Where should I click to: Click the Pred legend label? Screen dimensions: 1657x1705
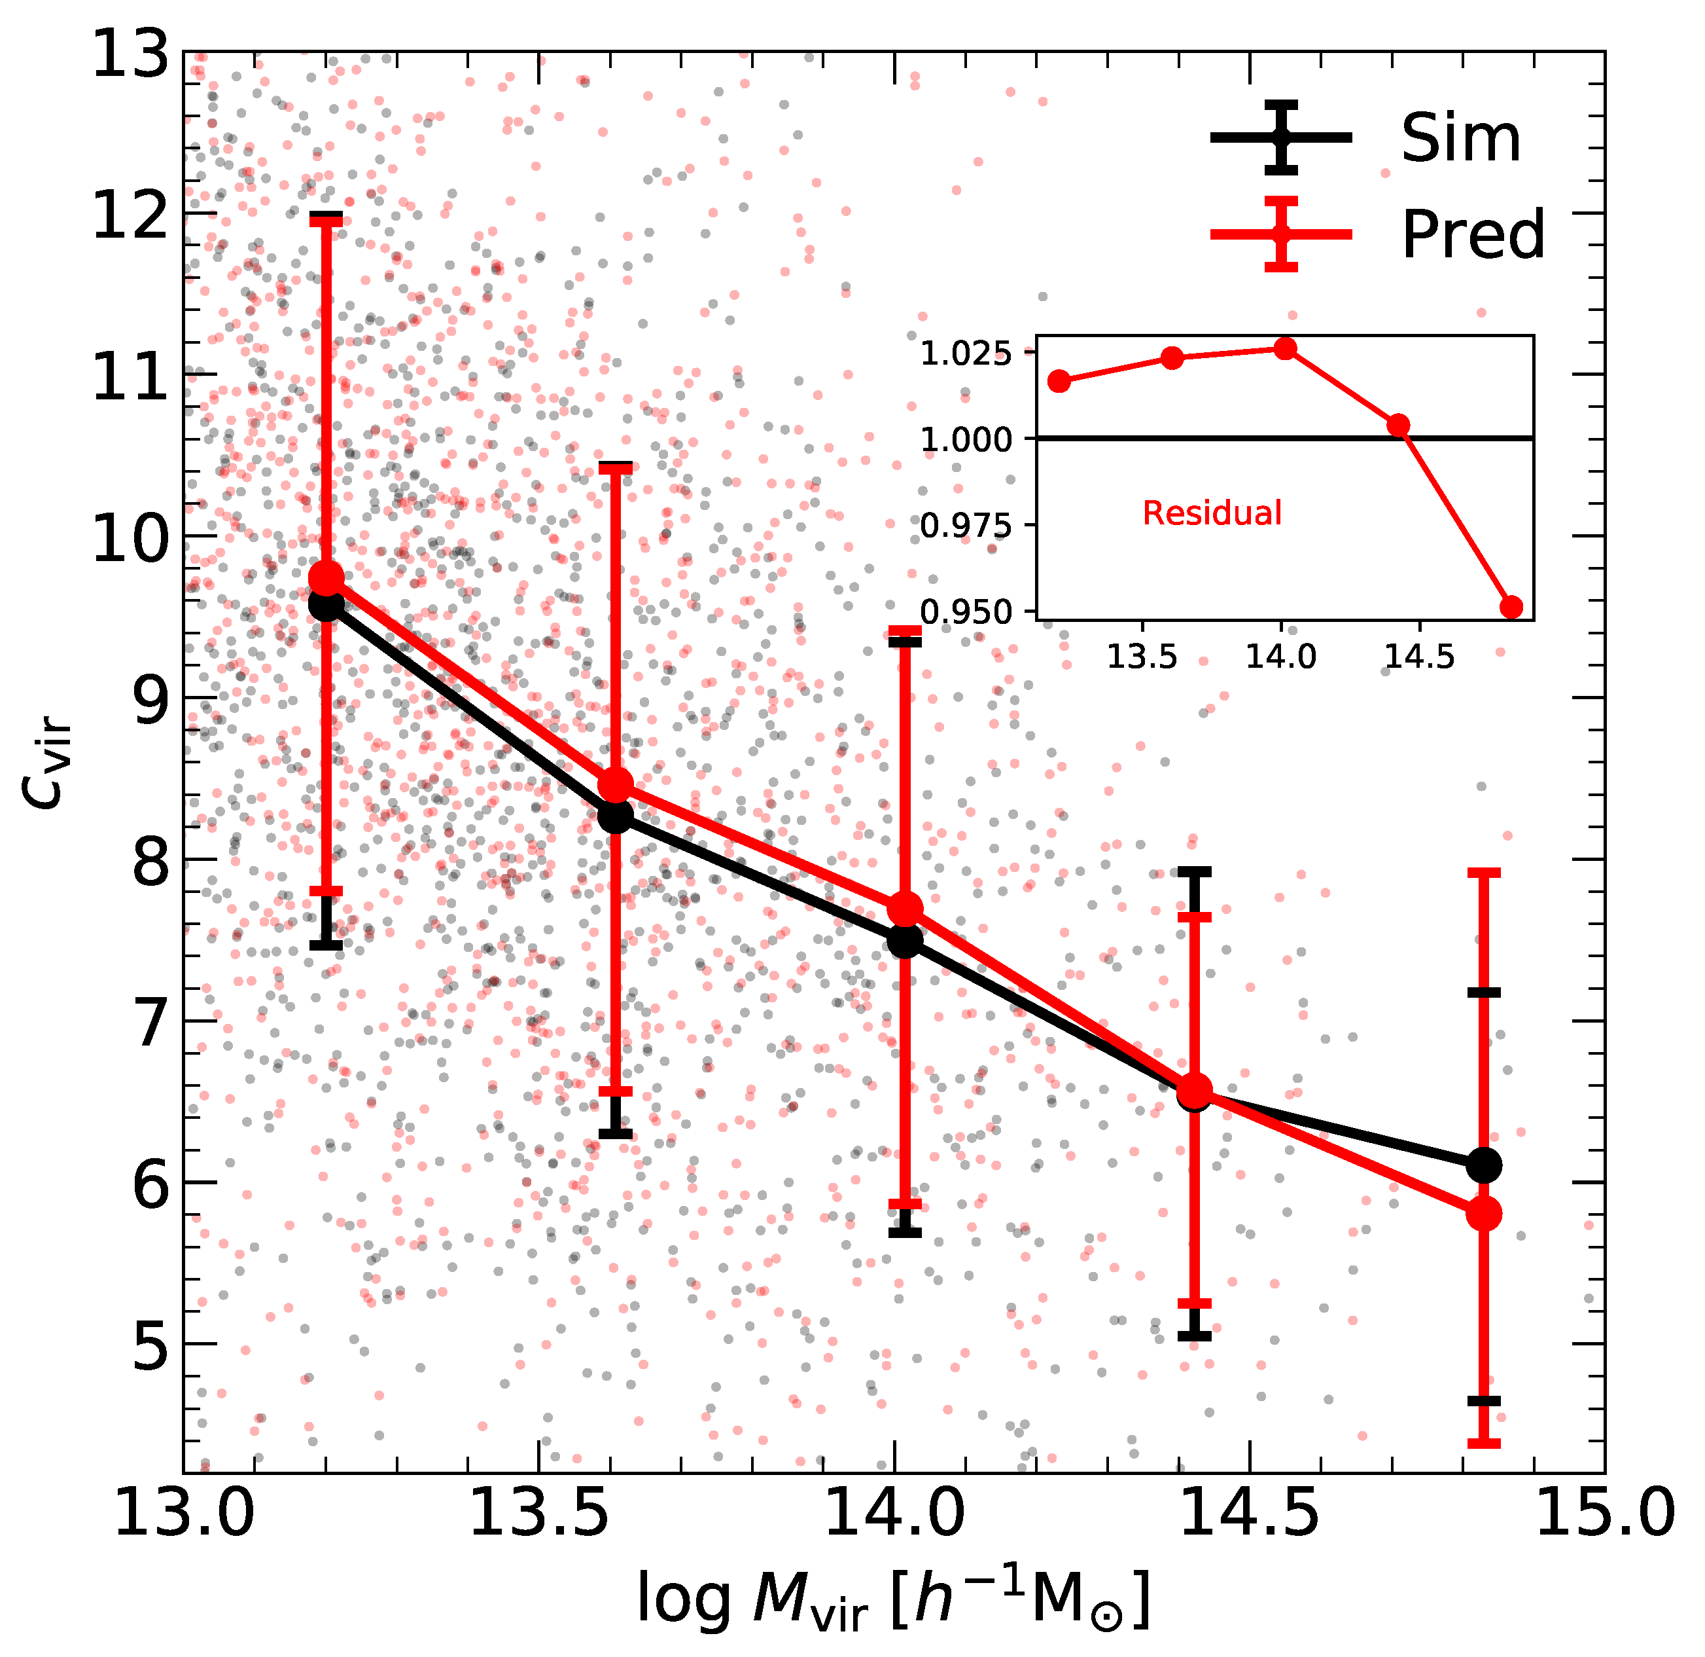1473,235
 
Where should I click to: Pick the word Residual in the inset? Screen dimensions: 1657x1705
1212,513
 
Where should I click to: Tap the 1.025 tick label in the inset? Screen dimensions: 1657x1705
966,354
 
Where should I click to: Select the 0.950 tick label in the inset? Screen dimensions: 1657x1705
966,613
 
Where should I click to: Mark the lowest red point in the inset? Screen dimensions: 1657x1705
1512,608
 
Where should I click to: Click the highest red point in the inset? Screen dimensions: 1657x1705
1286,349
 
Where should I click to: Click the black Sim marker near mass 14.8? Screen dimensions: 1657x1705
1484,1165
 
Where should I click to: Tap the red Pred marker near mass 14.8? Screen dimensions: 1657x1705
1484,1214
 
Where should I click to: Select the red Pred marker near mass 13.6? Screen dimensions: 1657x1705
616,786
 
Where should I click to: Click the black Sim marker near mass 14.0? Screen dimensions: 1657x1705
905,941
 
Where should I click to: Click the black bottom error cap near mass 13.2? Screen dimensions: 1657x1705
326,945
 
